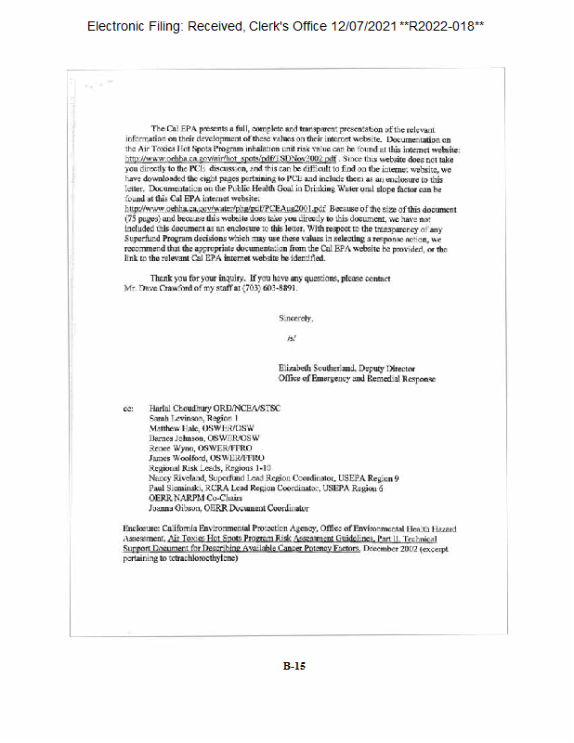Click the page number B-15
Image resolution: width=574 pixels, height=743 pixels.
(294, 665)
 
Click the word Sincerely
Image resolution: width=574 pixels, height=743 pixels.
(296, 318)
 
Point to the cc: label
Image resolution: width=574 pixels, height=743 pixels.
(128, 409)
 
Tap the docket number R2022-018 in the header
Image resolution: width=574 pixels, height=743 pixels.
(443, 26)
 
